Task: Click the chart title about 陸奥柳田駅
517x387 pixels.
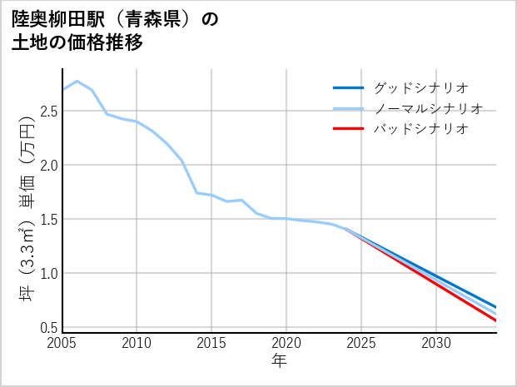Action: click(115, 31)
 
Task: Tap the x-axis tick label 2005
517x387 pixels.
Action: click(62, 343)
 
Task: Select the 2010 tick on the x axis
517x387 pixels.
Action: click(137, 343)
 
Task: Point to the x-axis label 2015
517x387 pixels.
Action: click(211, 343)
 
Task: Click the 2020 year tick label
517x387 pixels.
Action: click(286, 343)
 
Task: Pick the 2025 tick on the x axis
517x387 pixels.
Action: click(361, 343)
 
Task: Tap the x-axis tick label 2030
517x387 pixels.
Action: click(436, 343)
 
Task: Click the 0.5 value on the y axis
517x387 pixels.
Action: click(49, 328)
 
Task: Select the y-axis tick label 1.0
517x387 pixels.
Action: click(49, 274)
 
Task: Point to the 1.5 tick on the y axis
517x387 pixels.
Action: click(49, 220)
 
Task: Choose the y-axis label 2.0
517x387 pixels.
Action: click(49, 165)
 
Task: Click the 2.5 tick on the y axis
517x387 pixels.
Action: click(49, 111)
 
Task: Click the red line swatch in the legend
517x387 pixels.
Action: click(348, 129)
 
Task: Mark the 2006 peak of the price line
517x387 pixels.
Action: click(77, 82)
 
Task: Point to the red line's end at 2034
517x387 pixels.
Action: click(496, 320)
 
